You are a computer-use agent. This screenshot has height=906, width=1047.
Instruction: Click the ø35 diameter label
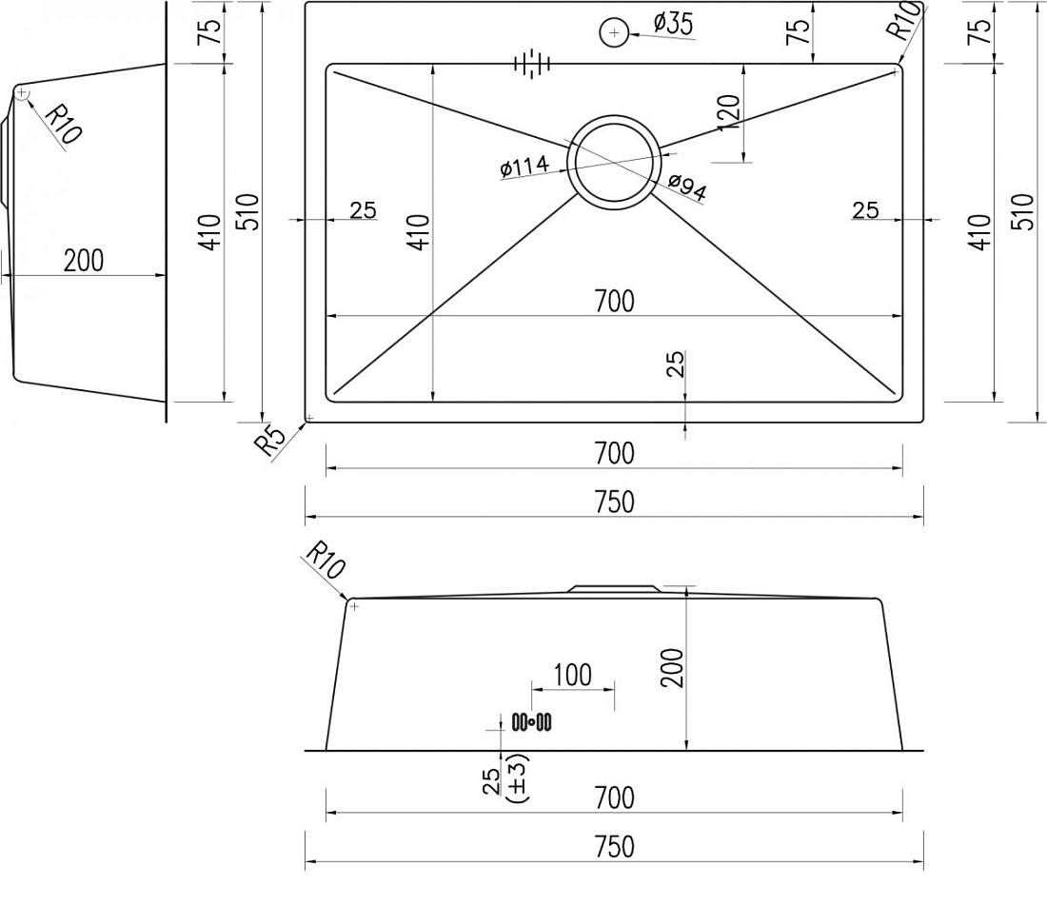tap(673, 24)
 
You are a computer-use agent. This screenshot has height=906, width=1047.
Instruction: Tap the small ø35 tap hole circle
tap(614, 32)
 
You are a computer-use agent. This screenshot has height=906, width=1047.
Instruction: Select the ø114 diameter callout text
tap(524, 167)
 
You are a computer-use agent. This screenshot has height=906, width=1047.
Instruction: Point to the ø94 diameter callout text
tap(687, 187)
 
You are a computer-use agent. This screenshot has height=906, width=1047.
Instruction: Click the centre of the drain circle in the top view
tap(614, 162)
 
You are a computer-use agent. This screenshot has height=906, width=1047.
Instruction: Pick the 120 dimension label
tap(730, 112)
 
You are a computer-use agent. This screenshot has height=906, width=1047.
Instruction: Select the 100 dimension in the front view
tap(572, 675)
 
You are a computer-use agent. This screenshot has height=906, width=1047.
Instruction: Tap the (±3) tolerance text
tap(518, 778)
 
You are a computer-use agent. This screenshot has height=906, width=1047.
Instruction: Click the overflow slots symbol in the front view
tap(531, 721)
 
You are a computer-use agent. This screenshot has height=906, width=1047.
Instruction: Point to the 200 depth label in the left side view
tap(84, 261)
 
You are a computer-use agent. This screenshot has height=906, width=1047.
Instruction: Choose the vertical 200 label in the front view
tap(672, 668)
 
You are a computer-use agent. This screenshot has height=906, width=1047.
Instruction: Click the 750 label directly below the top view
tap(614, 502)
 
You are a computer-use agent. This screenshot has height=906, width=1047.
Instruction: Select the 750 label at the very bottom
tap(614, 847)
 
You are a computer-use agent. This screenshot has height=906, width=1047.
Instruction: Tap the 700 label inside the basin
tap(614, 301)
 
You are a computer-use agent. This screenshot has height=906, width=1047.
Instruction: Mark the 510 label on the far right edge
tap(1023, 211)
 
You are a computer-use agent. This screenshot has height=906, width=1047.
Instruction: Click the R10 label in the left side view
tap(64, 124)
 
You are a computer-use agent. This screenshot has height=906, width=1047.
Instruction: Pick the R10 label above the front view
tap(326, 560)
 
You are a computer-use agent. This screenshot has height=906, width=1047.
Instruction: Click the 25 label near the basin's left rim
tap(364, 210)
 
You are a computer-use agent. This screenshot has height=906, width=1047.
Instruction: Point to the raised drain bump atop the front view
tap(614, 589)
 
